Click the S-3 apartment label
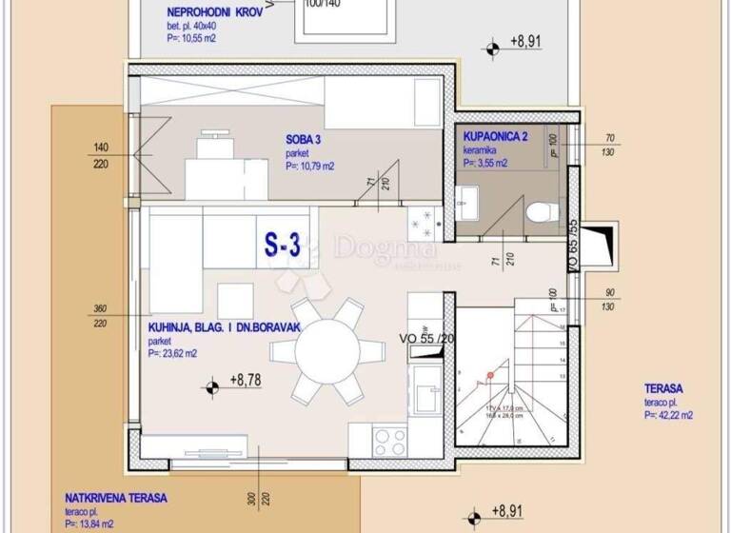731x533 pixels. click(282, 246)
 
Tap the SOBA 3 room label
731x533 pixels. click(304, 139)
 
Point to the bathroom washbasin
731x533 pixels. click(466, 201)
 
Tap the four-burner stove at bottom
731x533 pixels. click(389, 441)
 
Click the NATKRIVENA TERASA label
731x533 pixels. click(116, 498)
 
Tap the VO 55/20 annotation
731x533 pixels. click(426, 336)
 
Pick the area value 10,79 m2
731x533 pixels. click(309, 165)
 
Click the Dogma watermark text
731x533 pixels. click(385, 248)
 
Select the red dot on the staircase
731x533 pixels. click(490, 376)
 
